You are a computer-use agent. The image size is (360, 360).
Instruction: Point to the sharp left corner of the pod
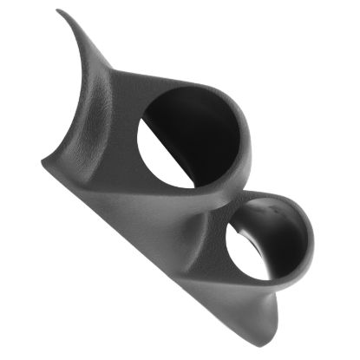(42, 162)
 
